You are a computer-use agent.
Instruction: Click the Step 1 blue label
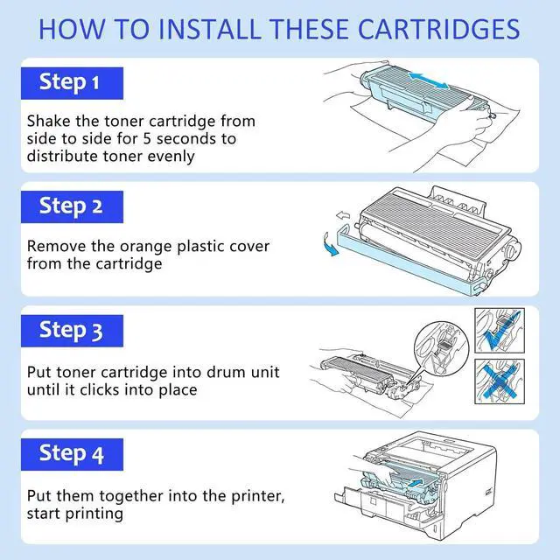tap(72, 83)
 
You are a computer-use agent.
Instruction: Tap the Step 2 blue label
tap(72, 207)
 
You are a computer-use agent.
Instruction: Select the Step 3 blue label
tap(72, 331)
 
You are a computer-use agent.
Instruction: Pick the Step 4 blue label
tap(72, 455)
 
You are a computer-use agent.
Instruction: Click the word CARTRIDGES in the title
tap(438, 29)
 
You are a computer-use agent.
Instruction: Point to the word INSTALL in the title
tap(208, 29)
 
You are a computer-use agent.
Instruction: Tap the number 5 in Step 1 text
tap(147, 138)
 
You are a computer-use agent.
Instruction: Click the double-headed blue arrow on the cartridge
tap(428, 81)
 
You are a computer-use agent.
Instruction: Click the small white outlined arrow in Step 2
tap(343, 215)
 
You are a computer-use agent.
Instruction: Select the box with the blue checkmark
tap(500, 331)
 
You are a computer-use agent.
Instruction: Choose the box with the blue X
tap(500, 381)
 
